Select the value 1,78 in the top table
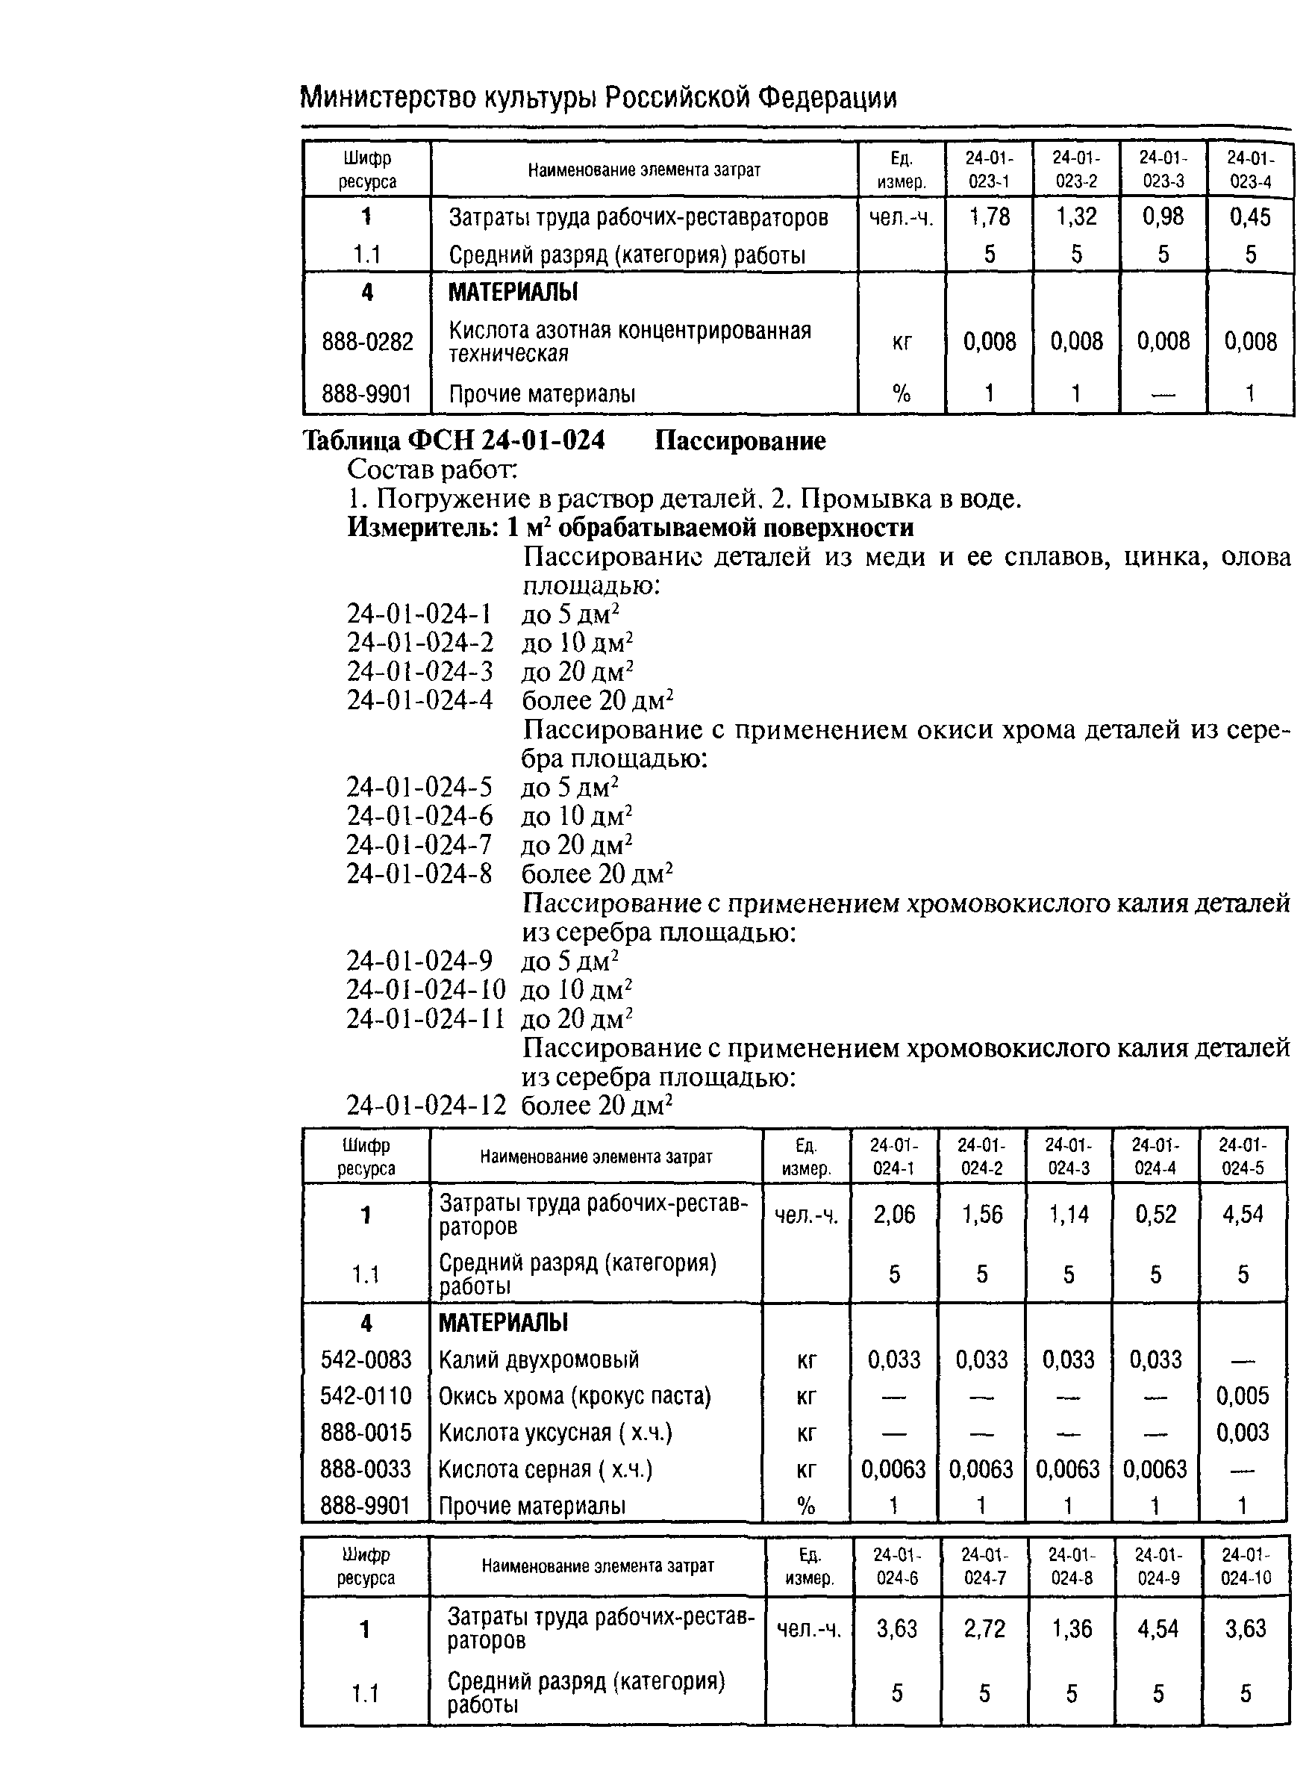click(989, 217)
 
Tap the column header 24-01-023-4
click(1250, 169)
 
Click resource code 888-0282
click(367, 341)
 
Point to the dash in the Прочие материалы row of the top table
click(1163, 395)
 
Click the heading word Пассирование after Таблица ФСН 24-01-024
click(740, 440)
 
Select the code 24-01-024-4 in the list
click(419, 700)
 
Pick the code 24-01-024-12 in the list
click(425, 1106)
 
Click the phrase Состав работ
click(432, 470)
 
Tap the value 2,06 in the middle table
click(893, 1215)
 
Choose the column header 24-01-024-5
click(1242, 1156)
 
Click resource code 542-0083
click(366, 1359)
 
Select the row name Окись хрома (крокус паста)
click(574, 1395)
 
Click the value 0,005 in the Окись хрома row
click(1242, 1395)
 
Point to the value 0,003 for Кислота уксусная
click(1242, 1432)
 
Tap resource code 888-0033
click(366, 1468)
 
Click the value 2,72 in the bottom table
click(984, 1629)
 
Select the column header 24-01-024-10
click(1246, 1566)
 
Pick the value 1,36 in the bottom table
click(1072, 1629)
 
